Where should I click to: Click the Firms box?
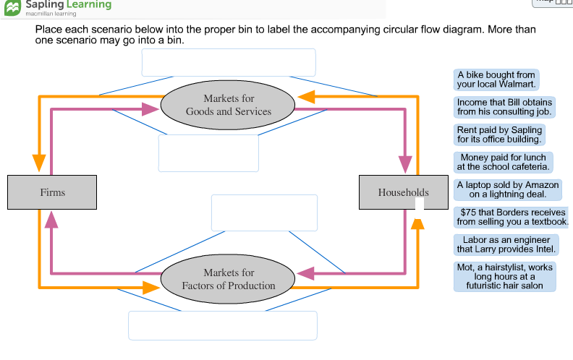(52, 192)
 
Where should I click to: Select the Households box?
(402, 192)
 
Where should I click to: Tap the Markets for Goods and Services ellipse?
(228, 105)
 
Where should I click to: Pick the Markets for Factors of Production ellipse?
(228, 278)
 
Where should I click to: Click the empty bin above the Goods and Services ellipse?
(229, 62)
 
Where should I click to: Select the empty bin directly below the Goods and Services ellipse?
(208, 153)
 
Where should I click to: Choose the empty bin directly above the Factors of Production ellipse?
(264, 213)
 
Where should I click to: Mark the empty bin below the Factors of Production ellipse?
(223, 325)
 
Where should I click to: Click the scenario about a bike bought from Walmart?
(496, 80)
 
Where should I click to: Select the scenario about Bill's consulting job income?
(504, 107)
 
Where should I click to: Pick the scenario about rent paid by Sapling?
(499, 134)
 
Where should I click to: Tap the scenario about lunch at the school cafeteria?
(504, 162)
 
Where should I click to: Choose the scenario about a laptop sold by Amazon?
(507, 189)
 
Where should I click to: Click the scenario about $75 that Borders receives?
(512, 217)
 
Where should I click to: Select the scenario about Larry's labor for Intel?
(506, 244)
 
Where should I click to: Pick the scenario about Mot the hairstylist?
(504, 276)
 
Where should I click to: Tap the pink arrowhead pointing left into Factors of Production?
(306, 273)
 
